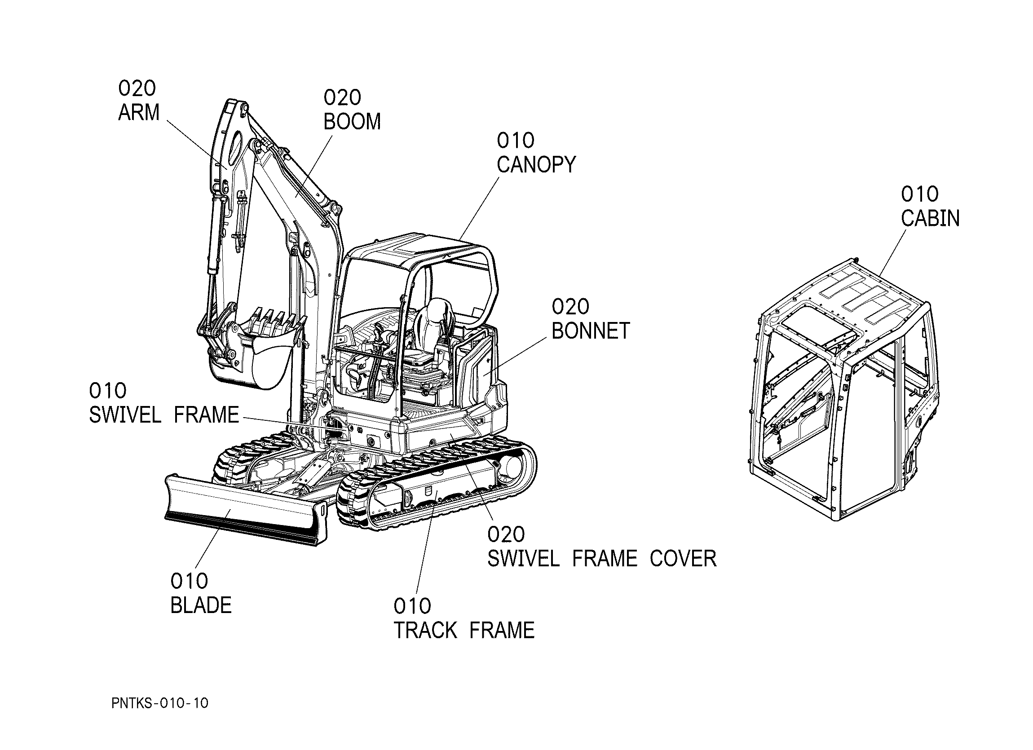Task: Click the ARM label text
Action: pyautogui.click(x=139, y=112)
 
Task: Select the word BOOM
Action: pyautogui.click(x=352, y=122)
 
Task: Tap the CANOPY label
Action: pyautogui.click(x=536, y=164)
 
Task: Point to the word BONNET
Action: pyautogui.click(x=591, y=331)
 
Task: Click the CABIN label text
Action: pyautogui.click(x=930, y=218)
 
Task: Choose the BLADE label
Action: pyautogui.click(x=201, y=605)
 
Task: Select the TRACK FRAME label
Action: pyautogui.click(x=464, y=630)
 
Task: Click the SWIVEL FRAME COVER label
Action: pyautogui.click(x=602, y=559)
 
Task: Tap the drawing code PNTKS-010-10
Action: pyautogui.click(x=160, y=703)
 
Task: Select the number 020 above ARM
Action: pyautogui.click(x=137, y=88)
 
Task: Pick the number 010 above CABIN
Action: pyautogui.click(x=919, y=194)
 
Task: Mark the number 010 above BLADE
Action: pyautogui.click(x=190, y=581)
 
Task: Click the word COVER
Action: pyautogui.click(x=683, y=559)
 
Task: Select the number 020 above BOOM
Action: pyautogui.click(x=343, y=97)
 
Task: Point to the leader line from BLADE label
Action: pyautogui.click(x=213, y=539)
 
